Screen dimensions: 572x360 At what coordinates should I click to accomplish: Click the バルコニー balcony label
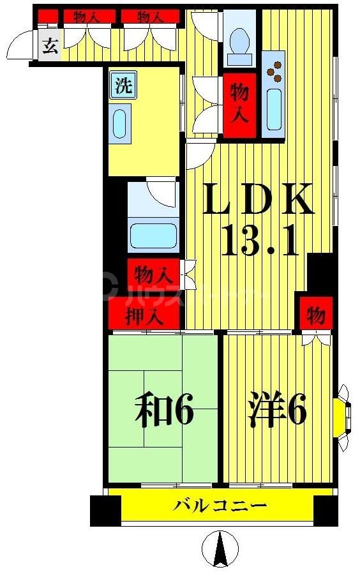coord(220,507)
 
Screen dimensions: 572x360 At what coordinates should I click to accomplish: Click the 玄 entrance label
coord(49,46)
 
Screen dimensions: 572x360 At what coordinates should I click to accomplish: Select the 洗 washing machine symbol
coord(123,86)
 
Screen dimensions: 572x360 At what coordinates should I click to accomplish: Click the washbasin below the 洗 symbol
coord(121,124)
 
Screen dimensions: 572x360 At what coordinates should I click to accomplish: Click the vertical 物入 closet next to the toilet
coord(239,105)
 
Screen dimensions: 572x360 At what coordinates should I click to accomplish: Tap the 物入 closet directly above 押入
coord(153,275)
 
